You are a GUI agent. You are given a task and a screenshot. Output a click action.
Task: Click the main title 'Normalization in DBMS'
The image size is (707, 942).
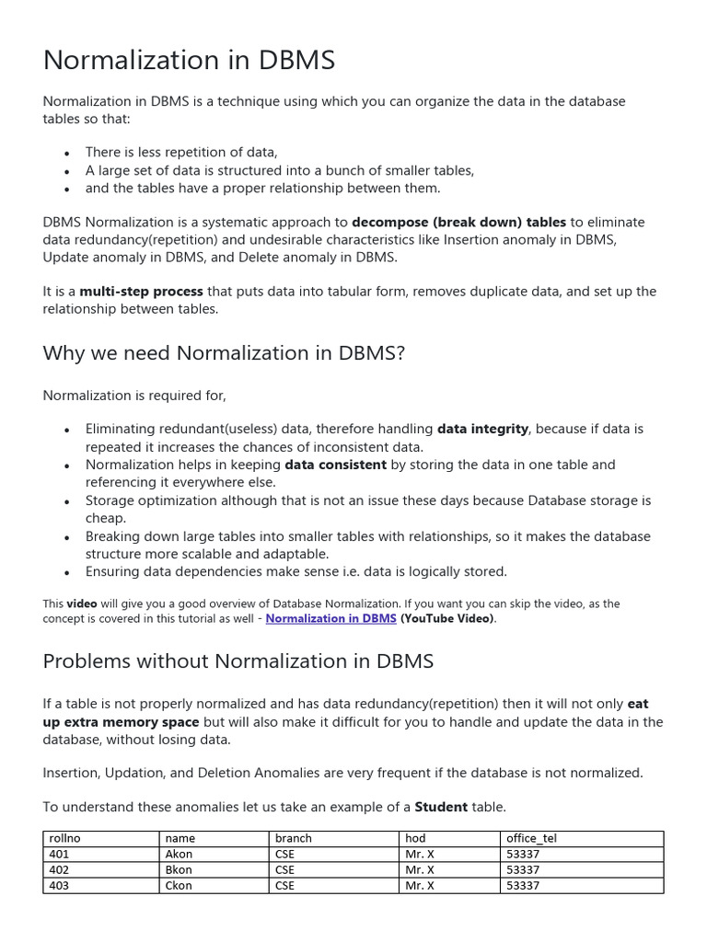pyautogui.click(x=189, y=61)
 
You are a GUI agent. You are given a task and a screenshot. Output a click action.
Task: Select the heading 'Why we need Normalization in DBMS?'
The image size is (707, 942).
pyautogui.click(x=224, y=353)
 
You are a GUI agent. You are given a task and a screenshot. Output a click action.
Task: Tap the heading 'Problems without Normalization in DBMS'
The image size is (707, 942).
pyautogui.click(x=238, y=661)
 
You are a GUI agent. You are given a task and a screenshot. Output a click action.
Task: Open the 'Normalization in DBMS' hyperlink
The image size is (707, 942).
pyautogui.click(x=330, y=619)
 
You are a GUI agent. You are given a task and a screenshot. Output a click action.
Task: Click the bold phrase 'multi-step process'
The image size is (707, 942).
pyautogui.click(x=141, y=292)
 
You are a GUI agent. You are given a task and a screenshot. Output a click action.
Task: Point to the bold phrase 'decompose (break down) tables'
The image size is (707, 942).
pyautogui.click(x=458, y=222)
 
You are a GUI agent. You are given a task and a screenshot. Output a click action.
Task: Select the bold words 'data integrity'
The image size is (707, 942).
pyautogui.click(x=482, y=429)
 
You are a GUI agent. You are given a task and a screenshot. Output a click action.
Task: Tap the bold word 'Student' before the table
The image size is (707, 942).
pyautogui.click(x=441, y=807)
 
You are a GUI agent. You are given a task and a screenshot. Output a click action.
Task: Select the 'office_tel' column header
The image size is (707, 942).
pyautogui.click(x=531, y=839)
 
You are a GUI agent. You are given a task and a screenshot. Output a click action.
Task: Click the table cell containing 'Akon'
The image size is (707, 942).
pyautogui.click(x=179, y=855)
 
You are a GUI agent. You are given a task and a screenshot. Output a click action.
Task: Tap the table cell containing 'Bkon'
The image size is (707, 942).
pyautogui.click(x=179, y=870)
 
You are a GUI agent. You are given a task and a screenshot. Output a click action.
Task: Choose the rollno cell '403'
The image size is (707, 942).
pyautogui.click(x=59, y=886)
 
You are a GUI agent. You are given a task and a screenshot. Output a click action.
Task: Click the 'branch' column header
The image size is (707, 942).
pyautogui.click(x=294, y=839)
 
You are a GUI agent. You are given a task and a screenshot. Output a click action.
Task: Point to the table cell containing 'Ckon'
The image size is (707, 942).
pyautogui.click(x=179, y=886)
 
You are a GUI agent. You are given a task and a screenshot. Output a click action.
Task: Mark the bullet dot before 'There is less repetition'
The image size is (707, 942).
pyautogui.click(x=67, y=154)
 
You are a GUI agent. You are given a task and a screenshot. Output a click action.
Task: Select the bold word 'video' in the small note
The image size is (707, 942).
pyautogui.click(x=81, y=603)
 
